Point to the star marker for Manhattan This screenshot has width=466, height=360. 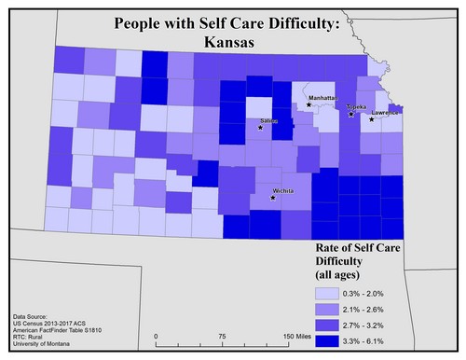tap(308, 104)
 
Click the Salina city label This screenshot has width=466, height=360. tap(269, 122)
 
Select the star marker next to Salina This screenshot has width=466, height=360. tap(260, 128)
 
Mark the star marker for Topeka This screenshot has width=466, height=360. tap(350, 114)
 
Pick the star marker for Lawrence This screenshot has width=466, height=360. tap(372, 119)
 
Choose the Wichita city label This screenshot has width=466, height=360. tap(285, 190)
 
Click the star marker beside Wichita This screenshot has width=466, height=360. tap(273, 198)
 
